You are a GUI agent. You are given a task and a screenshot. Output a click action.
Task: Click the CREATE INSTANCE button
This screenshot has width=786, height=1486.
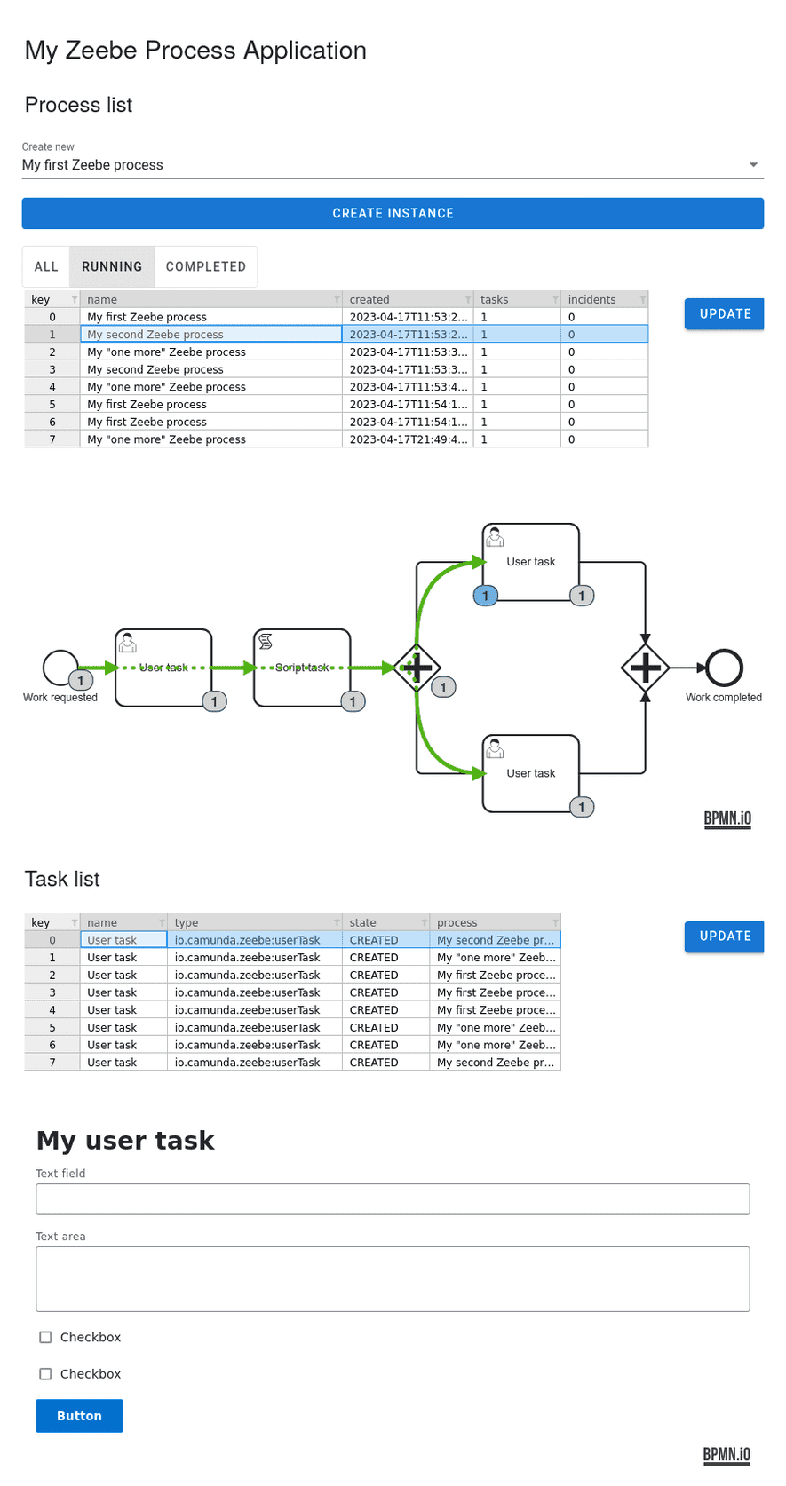coord(393,214)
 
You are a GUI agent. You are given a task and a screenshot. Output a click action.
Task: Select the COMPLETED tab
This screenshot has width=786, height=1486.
coord(205,267)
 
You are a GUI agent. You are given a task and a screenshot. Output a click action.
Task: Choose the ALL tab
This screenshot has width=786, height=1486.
coord(46,267)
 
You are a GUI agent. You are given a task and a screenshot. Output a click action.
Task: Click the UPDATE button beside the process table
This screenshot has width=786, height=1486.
coord(724,314)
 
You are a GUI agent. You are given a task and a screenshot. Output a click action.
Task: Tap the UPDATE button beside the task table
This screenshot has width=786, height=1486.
coord(724,937)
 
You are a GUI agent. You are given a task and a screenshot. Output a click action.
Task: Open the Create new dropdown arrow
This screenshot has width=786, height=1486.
coord(753,165)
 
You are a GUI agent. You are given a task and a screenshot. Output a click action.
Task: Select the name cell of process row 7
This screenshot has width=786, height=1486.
coord(210,439)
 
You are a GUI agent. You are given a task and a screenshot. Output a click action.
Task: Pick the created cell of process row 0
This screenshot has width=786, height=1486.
coord(407,317)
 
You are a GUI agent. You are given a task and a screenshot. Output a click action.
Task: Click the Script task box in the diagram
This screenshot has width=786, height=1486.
coord(302,668)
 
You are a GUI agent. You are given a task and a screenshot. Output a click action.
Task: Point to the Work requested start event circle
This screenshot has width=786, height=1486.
coord(60,668)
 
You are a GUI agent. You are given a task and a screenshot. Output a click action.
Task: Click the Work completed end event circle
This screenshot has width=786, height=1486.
coord(724,668)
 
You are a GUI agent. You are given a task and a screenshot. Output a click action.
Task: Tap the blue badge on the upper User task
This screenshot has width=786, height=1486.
coord(485,597)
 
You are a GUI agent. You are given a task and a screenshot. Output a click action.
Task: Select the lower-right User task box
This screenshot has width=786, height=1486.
coord(530,773)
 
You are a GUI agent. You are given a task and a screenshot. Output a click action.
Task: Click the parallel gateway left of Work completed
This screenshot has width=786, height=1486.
coord(645,668)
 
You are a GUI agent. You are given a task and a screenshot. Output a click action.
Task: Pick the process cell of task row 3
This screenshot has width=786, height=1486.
coord(495,992)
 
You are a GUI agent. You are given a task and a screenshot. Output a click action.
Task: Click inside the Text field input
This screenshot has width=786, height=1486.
coord(393,1199)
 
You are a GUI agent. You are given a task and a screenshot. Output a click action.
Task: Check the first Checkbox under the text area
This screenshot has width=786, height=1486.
coord(45,1338)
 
